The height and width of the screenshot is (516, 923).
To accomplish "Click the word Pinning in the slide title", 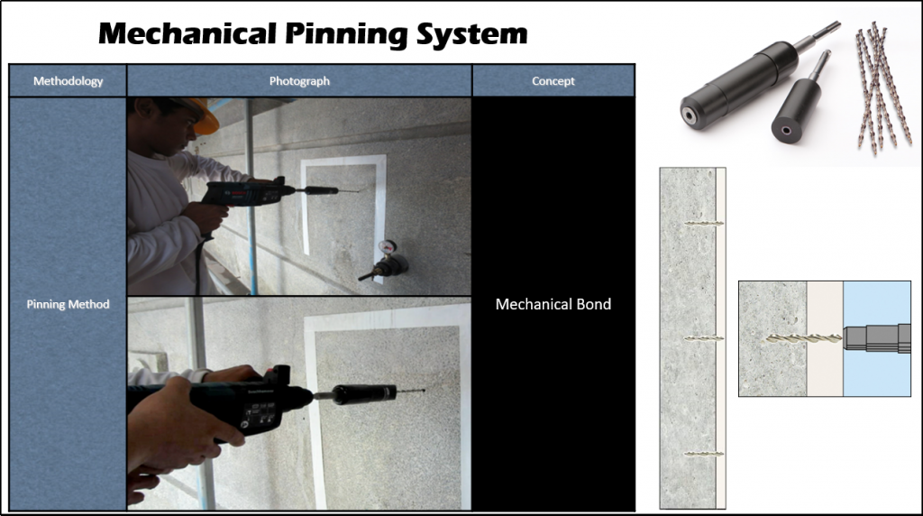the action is click(x=347, y=34).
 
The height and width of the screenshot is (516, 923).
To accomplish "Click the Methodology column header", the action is click(x=68, y=80).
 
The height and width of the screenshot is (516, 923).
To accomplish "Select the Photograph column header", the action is click(x=299, y=80).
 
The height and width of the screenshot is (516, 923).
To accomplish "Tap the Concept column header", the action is click(x=553, y=80).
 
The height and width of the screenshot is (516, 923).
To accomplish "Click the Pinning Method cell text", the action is click(x=68, y=304).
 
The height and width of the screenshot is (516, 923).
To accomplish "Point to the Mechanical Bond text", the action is click(x=553, y=304).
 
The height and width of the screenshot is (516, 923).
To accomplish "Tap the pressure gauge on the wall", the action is click(x=387, y=247).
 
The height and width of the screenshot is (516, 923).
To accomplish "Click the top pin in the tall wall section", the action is click(x=704, y=224).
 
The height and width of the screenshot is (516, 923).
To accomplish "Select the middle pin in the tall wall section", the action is click(x=704, y=338).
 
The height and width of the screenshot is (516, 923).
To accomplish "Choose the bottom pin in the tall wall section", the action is click(x=704, y=454).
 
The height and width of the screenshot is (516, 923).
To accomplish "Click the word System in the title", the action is click(x=471, y=34).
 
